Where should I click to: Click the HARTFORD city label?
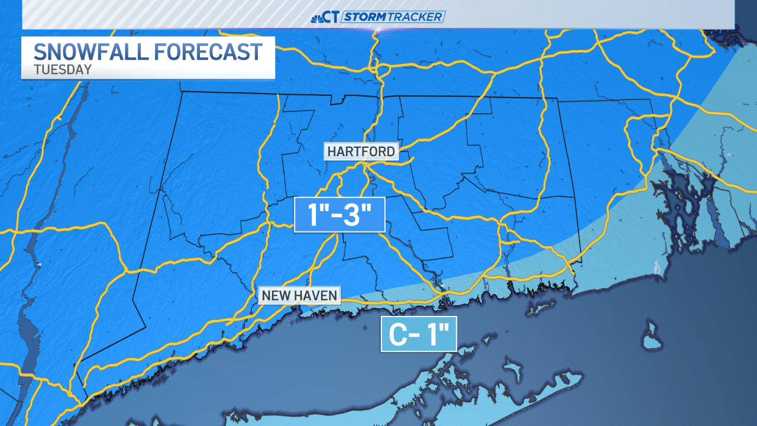coord(361,151)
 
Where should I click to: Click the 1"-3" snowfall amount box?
coord(339,214)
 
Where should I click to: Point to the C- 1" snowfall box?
coord(419,334)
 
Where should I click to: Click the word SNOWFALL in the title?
coord(89,51)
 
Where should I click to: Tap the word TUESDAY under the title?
coord(63,69)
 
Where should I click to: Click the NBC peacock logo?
coord(317,17)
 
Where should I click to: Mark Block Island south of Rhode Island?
coord(651,335)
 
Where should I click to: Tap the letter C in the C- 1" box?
coord(397,335)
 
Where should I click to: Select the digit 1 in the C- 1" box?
coord(434,335)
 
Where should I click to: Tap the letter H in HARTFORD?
coord(331,151)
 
